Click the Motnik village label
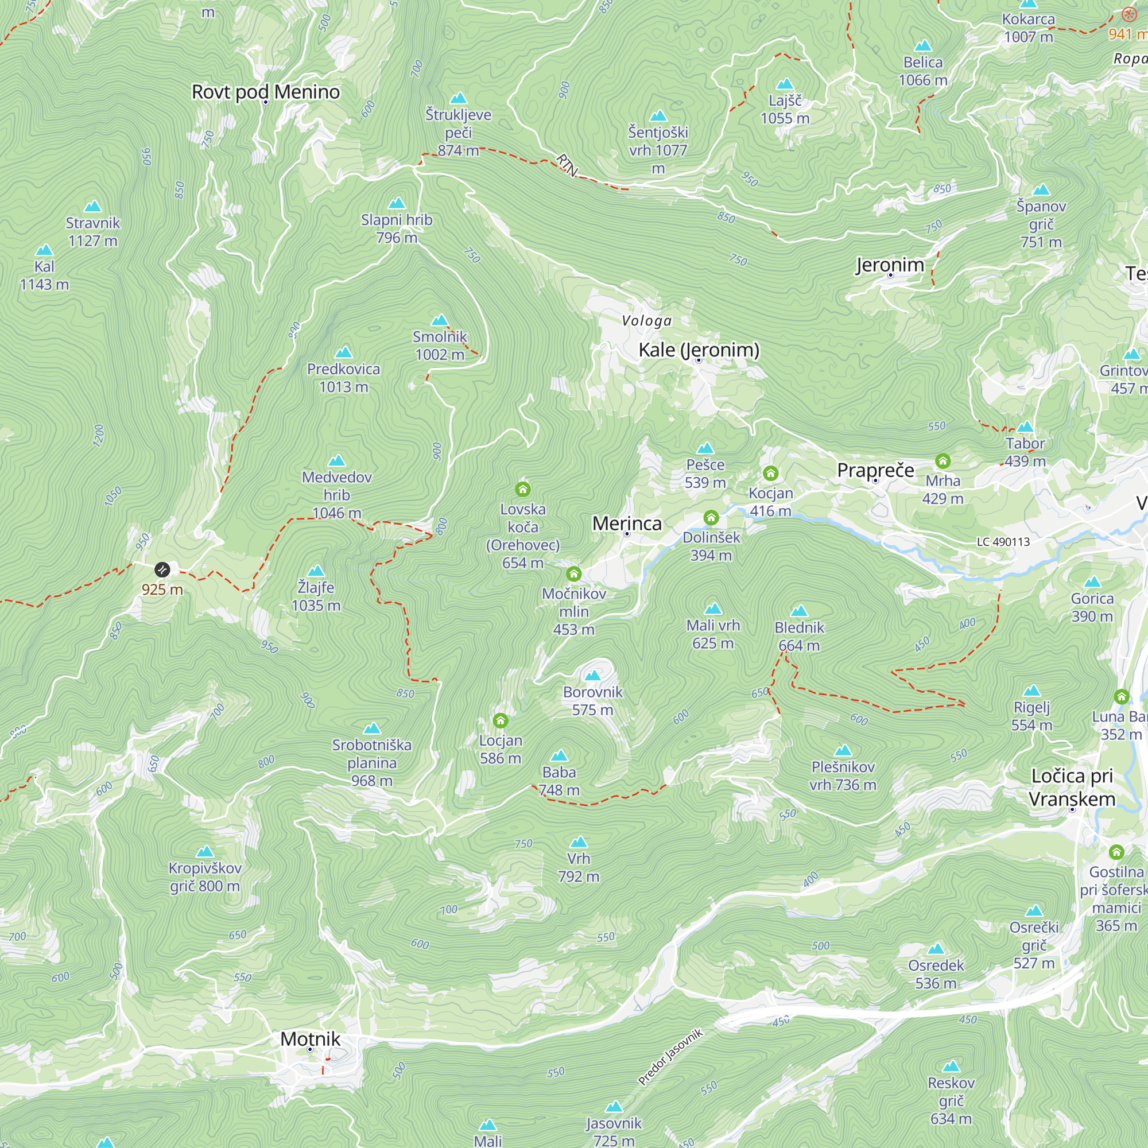click(310, 1039)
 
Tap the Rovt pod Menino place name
click(266, 92)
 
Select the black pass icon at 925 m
click(162, 570)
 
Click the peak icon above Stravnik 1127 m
click(92, 206)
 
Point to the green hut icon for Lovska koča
click(523, 489)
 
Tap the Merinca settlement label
click(627, 523)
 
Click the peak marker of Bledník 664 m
click(799, 611)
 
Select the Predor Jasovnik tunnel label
click(670, 1057)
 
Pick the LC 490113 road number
click(1003, 542)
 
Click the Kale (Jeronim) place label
click(699, 350)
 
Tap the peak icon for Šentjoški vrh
click(658, 116)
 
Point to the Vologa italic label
click(646, 321)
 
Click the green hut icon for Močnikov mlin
click(573, 573)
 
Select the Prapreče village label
click(875, 470)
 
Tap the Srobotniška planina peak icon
click(372, 728)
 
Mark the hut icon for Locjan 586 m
click(501, 721)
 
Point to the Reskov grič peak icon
click(951, 1066)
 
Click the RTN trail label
click(567, 165)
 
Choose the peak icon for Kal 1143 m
click(45, 250)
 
